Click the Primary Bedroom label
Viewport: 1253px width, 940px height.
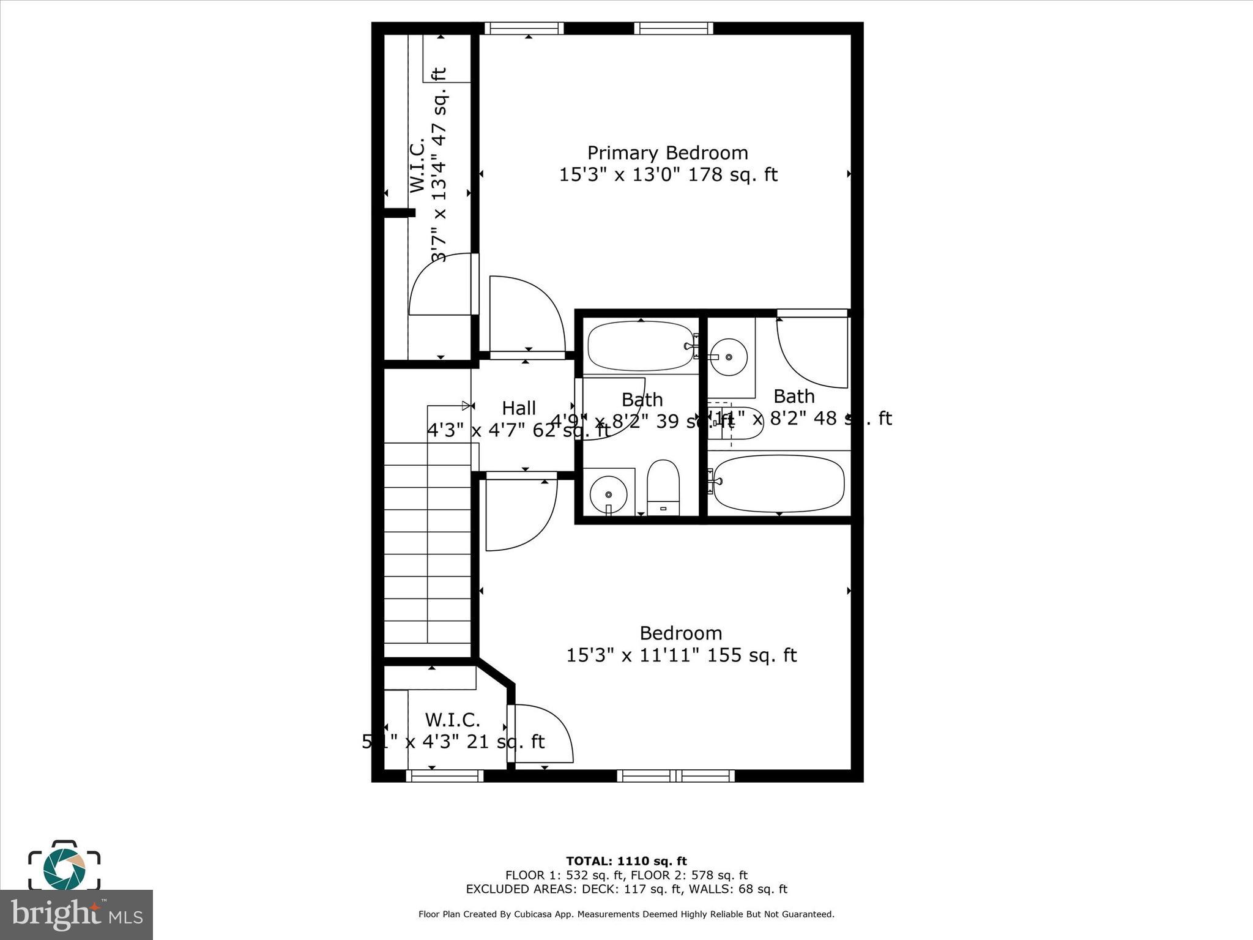point(667,153)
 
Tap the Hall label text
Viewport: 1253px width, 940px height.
point(519,408)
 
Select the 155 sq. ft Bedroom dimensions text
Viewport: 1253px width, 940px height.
point(681,655)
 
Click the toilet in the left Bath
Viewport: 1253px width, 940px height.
point(663,488)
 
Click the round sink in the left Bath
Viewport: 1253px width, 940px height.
point(608,493)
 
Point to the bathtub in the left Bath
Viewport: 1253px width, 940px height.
point(641,346)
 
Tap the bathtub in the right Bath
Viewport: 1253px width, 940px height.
point(779,483)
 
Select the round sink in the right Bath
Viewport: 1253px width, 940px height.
point(728,357)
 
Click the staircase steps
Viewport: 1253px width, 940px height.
point(427,542)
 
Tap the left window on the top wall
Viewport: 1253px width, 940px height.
point(524,28)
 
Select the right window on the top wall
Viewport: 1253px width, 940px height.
point(674,28)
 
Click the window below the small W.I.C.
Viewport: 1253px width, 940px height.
point(445,776)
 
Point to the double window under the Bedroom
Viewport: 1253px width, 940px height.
point(675,776)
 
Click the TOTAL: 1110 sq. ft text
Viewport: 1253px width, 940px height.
point(626,862)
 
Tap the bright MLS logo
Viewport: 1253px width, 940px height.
point(76,915)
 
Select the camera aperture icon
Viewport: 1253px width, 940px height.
point(64,866)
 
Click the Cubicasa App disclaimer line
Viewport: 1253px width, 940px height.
point(626,914)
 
